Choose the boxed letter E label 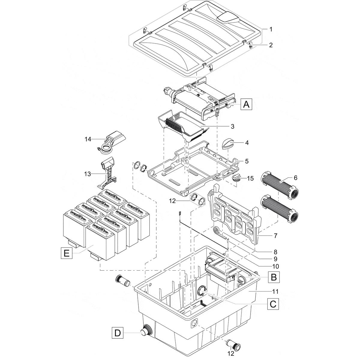[66, 253]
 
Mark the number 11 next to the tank [275, 291]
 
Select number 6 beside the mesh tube [295, 178]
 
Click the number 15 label [250, 178]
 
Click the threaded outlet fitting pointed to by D [146, 331]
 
